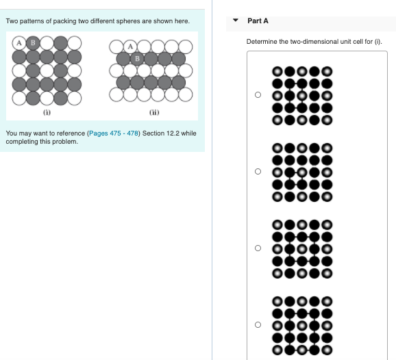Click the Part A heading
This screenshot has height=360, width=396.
pyautogui.click(x=258, y=21)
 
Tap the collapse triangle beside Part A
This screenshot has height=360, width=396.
pyautogui.click(x=236, y=21)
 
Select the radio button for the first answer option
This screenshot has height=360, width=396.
pyautogui.click(x=258, y=95)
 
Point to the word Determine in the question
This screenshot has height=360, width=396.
pyautogui.click(x=261, y=42)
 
